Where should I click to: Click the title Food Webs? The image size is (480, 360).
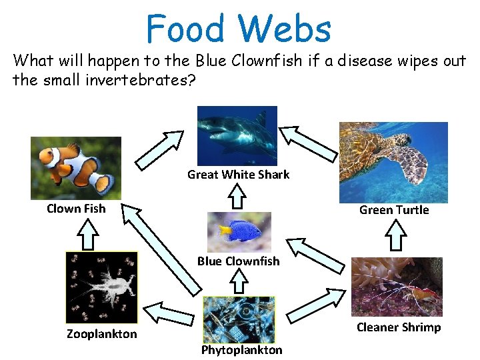point(238,29)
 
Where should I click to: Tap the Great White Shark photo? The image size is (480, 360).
point(237,135)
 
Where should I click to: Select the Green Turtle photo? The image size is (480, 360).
point(393,162)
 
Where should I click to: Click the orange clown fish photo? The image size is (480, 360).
point(76,168)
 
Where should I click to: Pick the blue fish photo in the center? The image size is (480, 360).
point(239,231)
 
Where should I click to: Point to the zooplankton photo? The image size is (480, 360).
point(101,287)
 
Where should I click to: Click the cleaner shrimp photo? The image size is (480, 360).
point(397,287)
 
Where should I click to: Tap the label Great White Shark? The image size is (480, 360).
point(238,175)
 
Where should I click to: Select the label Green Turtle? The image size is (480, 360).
point(394,210)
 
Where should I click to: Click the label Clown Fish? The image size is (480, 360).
point(76,209)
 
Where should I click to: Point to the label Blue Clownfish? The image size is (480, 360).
point(238,261)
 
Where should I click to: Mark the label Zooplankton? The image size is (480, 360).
point(101,334)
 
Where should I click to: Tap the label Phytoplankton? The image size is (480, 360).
point(241,350)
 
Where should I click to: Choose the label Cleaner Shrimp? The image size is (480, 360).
point(399,327)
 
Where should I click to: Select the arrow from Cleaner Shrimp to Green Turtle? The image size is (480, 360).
point(397,235)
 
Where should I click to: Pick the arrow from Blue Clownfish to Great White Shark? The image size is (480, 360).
point(237,197)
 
